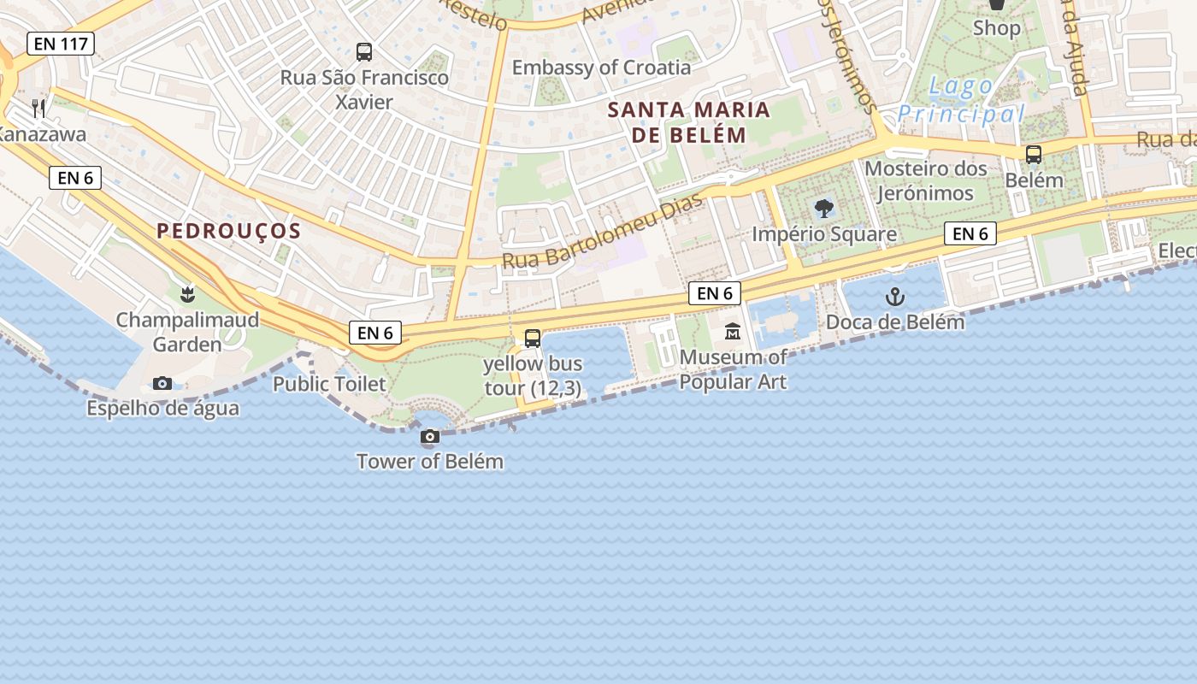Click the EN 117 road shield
pyautogui.click(x=60, y=44)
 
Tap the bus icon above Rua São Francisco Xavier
pyautogui.click(x=364, y=52)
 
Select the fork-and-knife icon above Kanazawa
pyautogui.click(x=38, y=108)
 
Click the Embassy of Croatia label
pyautogui.click(x=601, y=68)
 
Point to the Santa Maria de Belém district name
pyautogui.click(x=689, y=122)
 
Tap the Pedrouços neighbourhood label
pyautogui.click(x=229, y=231)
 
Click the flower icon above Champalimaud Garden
pyautogui.click(x=187, y=295)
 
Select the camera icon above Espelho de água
pyautogui.click(x=162, y=383)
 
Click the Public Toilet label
pyautogui.click(x=329, y=385)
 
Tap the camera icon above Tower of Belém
pyautogui.click(x=430, y=437)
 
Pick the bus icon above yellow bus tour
pyautogui.click(x=533, y=339)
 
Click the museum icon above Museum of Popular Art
pyautogui.click(x=733, y=332)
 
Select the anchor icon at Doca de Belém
pyautogui.click(x=894, y=297)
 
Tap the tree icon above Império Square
pyautogui.click(x=824, y=209)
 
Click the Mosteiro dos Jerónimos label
pyautogui.click(x=926, y=180)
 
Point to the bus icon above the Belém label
pyautogui.click(x=1034, y=155)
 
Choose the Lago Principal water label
pyautogui.click(x=961, y=100)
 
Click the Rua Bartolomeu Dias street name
pyautogui.click(x=602, y=232)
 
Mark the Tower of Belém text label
pyautogui.click(x=429, y=462)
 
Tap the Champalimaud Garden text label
pyautogui.click(x=187, y=333)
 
